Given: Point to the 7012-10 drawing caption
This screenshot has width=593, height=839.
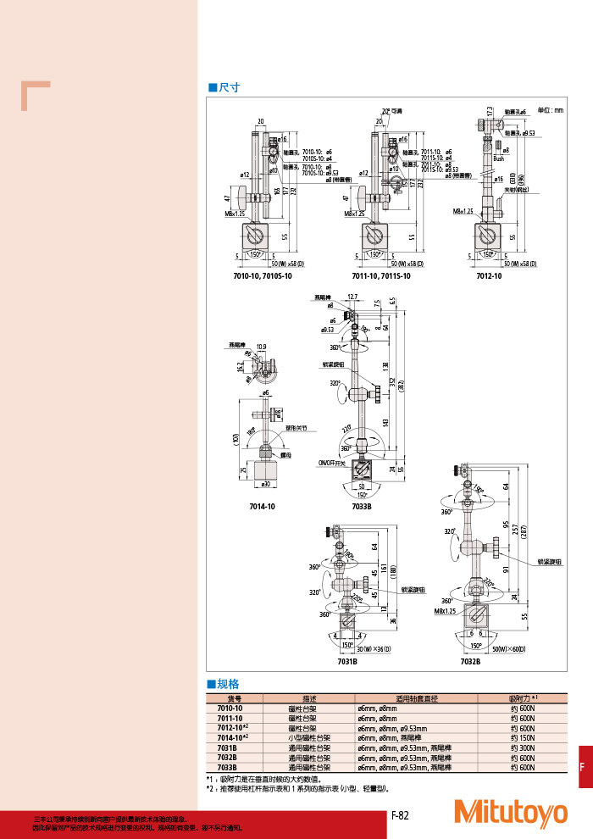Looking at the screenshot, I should click(x=489, y=276).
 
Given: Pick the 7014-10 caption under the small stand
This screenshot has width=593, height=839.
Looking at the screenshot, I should click(x=262, y=506).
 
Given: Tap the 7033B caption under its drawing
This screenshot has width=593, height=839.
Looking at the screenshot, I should click(x=363, y=506).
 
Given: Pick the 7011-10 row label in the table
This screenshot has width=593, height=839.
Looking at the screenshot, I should click(x=230, y=718).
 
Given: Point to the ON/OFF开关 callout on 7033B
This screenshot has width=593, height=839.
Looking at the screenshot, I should click(x=332, y=463).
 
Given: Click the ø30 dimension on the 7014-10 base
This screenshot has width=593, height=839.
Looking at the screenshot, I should click(x=266, y=484).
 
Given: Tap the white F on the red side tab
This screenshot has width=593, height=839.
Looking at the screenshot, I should click(x=582, y=767).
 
